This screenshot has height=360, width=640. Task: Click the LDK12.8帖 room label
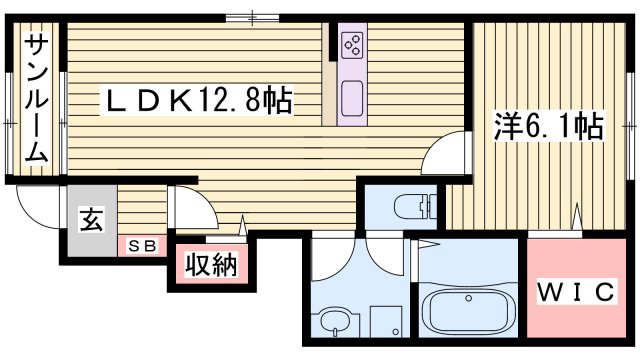pos(200,100)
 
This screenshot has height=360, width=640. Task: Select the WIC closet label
pos(576,292)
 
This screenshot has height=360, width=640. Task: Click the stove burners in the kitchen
pos(352,44)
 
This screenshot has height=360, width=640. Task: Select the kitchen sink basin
pos(352,99)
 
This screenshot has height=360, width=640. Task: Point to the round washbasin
pos(334,322)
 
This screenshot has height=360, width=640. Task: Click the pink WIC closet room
pos(576,290)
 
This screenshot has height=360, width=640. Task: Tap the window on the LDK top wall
pos(252,16)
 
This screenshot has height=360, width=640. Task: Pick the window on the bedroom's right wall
pos(632,124)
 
